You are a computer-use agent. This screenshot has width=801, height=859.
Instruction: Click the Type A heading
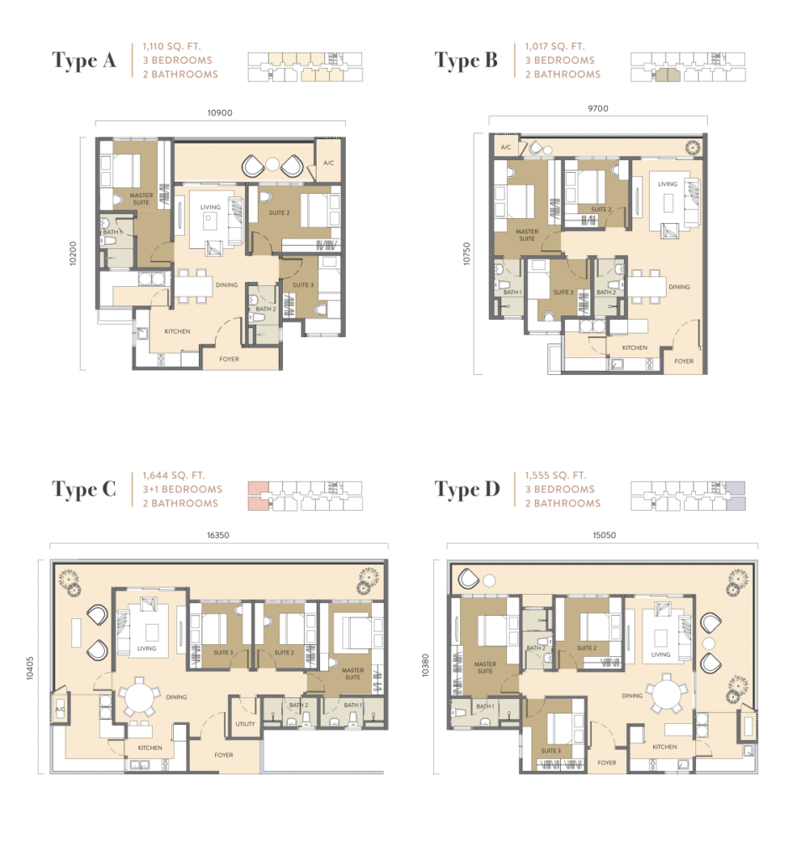click(84, 60)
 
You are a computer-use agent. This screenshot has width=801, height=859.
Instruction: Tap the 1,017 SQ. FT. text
click(555, 47)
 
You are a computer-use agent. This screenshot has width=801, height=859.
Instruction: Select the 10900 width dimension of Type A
click(220, 113)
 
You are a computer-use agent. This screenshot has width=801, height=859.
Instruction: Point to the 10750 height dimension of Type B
click(467, 253)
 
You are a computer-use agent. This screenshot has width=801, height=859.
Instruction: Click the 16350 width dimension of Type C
click(218, 535)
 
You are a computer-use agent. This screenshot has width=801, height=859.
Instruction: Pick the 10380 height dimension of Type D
click(426, 665)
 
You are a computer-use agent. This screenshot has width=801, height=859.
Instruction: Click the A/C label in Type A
click(328, 163)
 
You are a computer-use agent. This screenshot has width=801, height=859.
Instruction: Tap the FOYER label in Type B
click(683, 361)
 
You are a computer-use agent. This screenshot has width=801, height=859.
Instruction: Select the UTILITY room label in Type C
click(245, 724)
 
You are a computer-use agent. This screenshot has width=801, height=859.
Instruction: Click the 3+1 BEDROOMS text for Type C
click(182, 489)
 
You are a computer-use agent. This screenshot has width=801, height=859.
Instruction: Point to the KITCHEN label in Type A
click(178, 331)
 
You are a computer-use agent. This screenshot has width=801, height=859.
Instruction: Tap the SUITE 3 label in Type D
click(551, 751)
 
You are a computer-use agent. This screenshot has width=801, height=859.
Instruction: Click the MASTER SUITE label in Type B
click(527, 235)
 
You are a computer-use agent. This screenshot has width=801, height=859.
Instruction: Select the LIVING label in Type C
click(146, 648)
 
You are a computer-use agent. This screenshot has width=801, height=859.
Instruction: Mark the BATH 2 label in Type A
click(266, 309)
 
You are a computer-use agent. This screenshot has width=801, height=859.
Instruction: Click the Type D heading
click(467, 489)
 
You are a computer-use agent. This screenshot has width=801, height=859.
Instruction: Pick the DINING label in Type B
click(679, 287)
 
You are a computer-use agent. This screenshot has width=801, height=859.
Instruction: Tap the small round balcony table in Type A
click(273, 164)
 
